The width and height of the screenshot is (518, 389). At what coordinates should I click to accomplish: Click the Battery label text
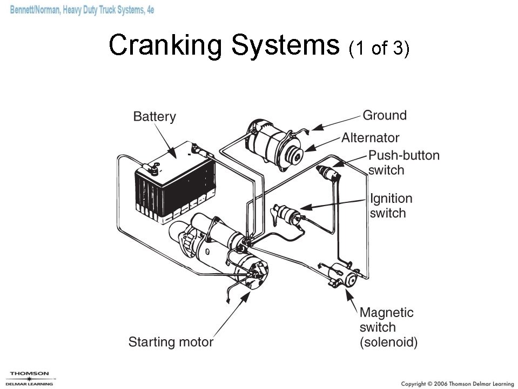click(x=154, y=117)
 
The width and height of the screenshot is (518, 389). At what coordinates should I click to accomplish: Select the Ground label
click(x=384, y=115)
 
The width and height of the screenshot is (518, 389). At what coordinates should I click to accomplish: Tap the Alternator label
click(x=370, y=137)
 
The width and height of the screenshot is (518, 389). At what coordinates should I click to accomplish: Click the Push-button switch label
click(x=403, y=163)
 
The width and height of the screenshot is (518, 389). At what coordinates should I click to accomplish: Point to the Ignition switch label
click(x=391, y=206)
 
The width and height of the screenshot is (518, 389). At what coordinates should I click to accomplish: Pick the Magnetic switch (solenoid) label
click(x=388, y=327)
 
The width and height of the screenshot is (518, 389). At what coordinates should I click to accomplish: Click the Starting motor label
click(x=170, y=342)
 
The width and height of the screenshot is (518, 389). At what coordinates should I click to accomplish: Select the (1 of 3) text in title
click(x=379, y=49)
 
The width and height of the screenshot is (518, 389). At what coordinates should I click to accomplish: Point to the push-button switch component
click(x=329, y=172)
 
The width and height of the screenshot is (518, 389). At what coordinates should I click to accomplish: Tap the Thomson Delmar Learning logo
click(x=30, y=378)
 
